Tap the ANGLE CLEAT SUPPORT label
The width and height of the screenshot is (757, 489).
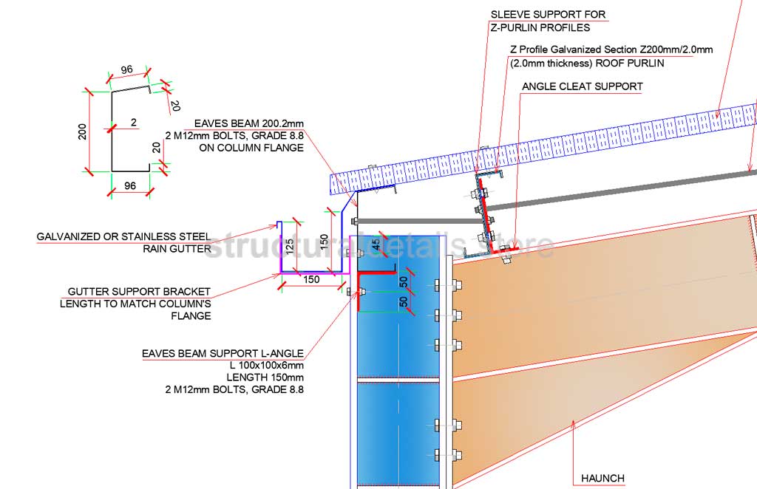point(582,86)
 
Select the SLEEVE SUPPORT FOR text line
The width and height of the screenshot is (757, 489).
point(548,14)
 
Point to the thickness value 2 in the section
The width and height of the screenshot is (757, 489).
point(133,123)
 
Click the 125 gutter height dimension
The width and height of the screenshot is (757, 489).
point(290,244)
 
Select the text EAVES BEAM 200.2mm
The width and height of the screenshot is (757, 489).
point(248,123)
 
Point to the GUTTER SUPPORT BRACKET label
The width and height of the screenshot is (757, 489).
point(139,292)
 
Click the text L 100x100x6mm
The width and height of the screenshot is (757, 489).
point(267,365)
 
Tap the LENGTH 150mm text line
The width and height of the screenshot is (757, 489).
point(268,377)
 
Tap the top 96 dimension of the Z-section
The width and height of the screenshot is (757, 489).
point(126,69)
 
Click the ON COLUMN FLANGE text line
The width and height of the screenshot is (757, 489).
point(251,148)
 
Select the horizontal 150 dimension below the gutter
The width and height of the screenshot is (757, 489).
point(311,280)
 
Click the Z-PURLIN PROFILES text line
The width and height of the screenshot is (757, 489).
point(540,28)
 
